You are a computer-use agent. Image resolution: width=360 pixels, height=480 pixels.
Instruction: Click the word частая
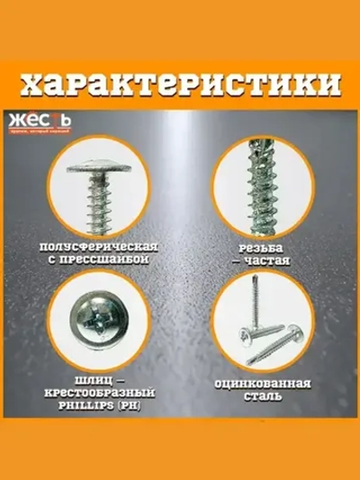(x=266, y=260)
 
